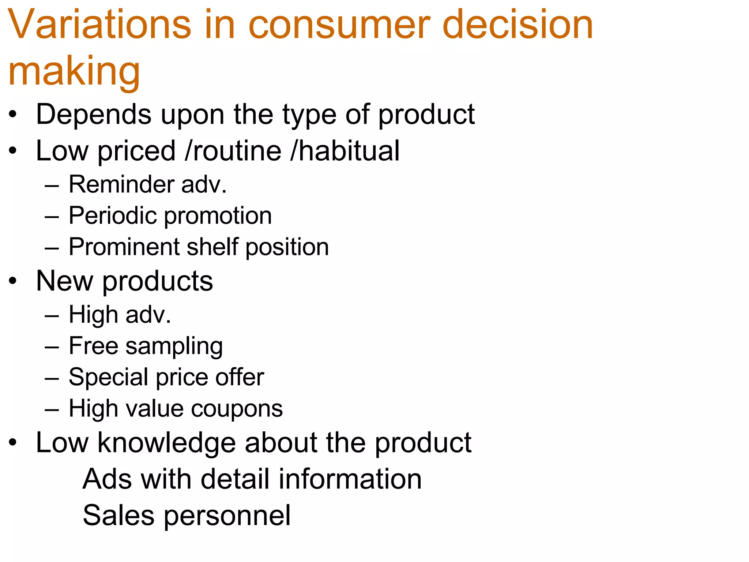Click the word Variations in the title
point(99,25)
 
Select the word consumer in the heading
point(339,25)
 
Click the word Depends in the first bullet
point(94,115)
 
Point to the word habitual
point(349,151)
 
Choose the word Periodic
point(113,216)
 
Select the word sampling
point(174,346)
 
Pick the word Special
point(108,377)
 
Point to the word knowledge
point(167,443)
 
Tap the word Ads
point(106,479)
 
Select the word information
point(350,479)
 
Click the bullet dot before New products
point(13,281)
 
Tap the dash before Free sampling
point(52,346)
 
